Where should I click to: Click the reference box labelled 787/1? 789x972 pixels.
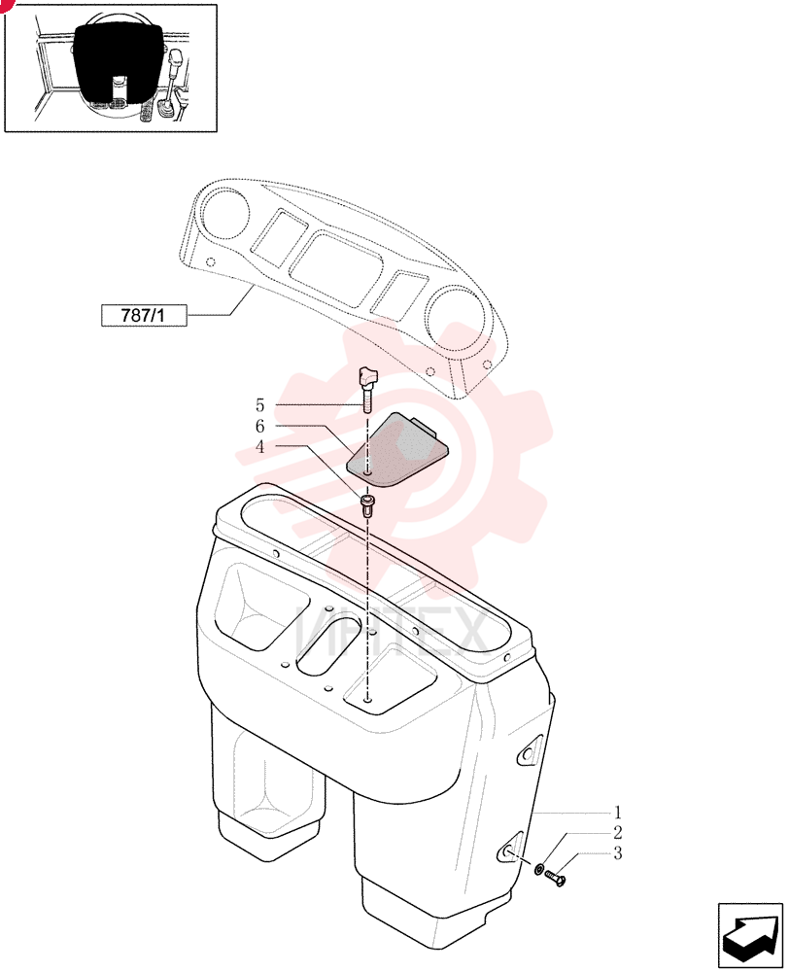[143, 315]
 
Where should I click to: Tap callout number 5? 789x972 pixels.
[259, 405]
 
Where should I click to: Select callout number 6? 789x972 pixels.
[259, 426]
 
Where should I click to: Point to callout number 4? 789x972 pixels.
[259, 446]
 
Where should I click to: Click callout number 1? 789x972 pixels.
[617, 812]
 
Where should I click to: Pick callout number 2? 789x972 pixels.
[617, 832]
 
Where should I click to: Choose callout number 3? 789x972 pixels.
[617, 853]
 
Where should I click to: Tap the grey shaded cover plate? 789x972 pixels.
[397, 450]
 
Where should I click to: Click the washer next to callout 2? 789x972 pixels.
[540, 869]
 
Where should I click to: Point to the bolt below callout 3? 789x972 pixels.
[556, 877]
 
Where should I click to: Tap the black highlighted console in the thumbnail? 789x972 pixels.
[119, 62]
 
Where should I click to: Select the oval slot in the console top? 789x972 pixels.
[328, 645]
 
